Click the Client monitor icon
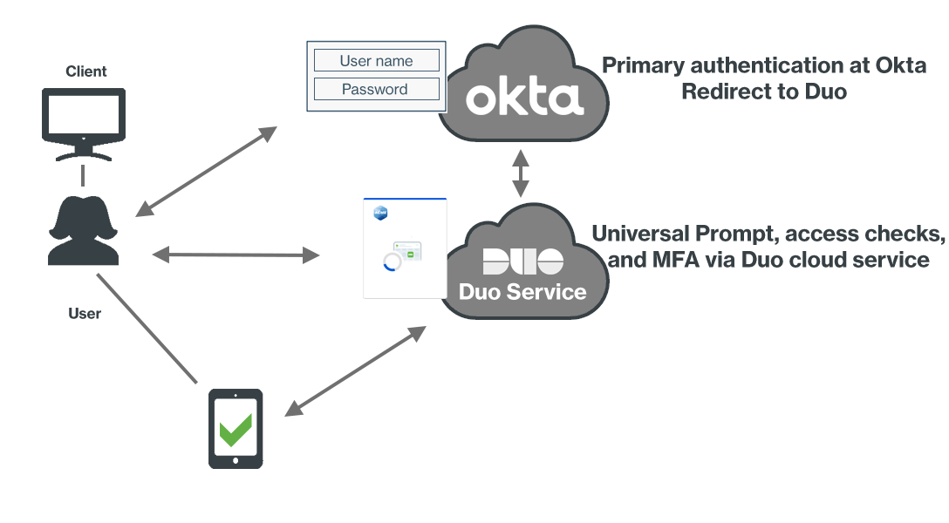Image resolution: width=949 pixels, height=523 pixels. coord(83,122)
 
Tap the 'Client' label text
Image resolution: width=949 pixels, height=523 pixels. coord(86,71)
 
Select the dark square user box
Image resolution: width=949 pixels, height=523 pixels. coord(83,231)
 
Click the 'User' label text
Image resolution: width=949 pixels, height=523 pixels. coord(85,313)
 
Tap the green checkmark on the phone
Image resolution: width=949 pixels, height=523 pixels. coord(236,428)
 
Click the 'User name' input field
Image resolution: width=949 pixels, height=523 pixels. coord(376,61)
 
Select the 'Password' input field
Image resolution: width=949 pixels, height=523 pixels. coord(375,89)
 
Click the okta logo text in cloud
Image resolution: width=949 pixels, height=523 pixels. coord(524,98)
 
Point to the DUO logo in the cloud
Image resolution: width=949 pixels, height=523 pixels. coord(523,261)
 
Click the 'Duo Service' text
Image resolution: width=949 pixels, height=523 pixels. coord(523,291)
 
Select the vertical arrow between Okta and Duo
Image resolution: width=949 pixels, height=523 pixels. coord(521,173)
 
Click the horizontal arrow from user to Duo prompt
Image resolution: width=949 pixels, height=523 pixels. coord(236,255)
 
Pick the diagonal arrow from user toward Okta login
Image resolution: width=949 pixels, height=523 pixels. coord(206,171)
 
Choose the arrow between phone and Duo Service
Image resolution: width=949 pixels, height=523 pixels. coord(357,371)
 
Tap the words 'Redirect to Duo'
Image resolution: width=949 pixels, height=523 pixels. coord(764,92)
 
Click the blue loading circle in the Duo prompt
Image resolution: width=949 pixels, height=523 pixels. coord(393,261)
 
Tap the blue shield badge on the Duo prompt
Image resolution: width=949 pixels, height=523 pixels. coord(380,212)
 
